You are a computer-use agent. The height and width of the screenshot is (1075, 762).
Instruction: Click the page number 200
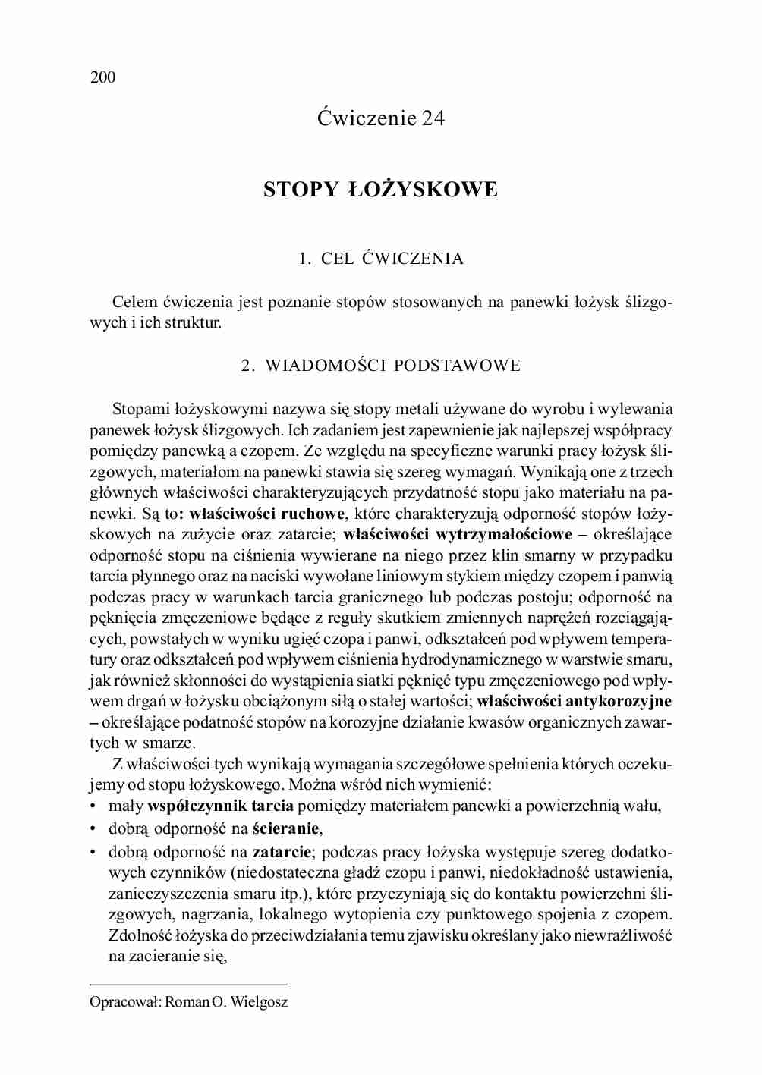tap(102, 77)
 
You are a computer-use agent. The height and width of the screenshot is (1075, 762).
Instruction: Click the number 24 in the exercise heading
tap(430, 118)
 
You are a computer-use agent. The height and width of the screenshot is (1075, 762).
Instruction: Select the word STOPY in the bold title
tap(300, 190)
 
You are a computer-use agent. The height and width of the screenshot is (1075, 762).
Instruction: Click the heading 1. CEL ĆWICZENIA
tap(380, 259)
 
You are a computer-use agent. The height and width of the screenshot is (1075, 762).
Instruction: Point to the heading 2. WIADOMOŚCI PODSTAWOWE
tap(380, 366)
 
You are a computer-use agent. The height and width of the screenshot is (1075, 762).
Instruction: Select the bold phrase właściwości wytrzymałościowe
tap(458, 535)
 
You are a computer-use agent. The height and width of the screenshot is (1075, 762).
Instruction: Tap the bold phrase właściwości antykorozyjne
tap(575, 701)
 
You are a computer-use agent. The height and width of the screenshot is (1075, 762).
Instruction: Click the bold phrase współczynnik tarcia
tap(220, 806)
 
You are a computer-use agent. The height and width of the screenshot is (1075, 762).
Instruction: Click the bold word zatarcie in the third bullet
tap(282, 852)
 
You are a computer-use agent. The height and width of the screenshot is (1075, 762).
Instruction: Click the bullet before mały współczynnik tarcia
tap(93, 806)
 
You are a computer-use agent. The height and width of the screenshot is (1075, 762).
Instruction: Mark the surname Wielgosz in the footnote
tap(259, 1002)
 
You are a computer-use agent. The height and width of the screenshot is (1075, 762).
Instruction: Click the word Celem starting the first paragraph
tap(134, 303)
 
